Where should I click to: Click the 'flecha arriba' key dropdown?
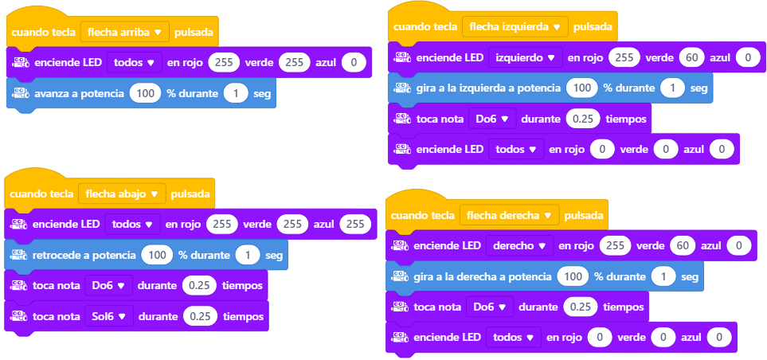pyautogui.click(x=125, y=33)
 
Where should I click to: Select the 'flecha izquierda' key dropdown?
pyautogui.click(x=515, y=27)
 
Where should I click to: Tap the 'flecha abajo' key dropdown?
pyautogui.click(x=123, y=194)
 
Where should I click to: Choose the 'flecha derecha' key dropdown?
pyautogui.click(x=509, y=215)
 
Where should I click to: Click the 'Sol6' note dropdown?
pyautogui.click(x=109, y=316)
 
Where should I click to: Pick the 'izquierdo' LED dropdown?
pyautogui.click(x=526, y=57)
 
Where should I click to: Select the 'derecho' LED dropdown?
pyautogui.click(x=519, y=246)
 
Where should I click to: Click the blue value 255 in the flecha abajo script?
pyautogui.click(x=355, y=224)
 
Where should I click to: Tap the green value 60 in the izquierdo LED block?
pyautogui.click(x=691, y=57)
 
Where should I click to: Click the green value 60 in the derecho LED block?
pyautogui.click(x=683, y=246)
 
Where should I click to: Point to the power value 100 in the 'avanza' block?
pyautogui.click(x=145, y=93)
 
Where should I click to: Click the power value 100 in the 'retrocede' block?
pyautogui.click(x=157, y=255)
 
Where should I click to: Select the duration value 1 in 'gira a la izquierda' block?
pyautogui.click(x=672, y=88)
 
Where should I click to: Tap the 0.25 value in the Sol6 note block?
pyautogui.click(x=201, y=316)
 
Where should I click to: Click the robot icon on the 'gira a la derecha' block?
pyautogui.click(x=400, y=276)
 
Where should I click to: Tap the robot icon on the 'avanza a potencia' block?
pyautogui.click(x=21, y=93)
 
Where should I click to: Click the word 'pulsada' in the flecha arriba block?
pyautogui.click(x=194, y=33)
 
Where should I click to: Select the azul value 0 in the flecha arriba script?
pyautogui.click(x=353, y=63)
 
